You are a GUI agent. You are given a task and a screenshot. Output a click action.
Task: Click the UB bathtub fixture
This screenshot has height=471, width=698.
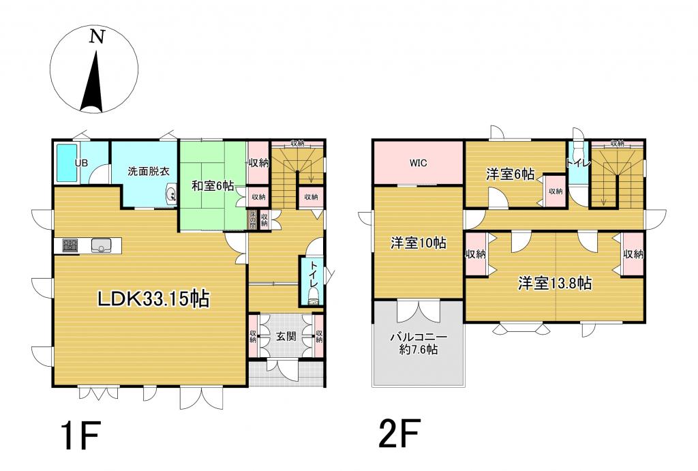(x=67, y=164)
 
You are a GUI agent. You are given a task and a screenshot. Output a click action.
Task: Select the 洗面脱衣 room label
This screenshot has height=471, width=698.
(x=148, y=171)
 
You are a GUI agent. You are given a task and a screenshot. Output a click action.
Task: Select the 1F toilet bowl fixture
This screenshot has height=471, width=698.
(x=313, y=294)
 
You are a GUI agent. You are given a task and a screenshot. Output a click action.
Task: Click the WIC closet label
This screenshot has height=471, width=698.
(x=418, y=164)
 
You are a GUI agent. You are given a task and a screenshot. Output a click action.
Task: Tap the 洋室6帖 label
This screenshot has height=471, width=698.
(x=509, y=174)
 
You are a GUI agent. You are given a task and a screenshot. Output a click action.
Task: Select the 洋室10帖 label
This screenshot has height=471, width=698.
(x=418, y=243)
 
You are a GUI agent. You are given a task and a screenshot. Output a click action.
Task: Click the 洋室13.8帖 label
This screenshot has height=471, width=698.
(x=553, y=284)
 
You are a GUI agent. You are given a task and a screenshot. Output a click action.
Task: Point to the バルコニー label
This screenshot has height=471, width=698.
(x=418, y=337)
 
